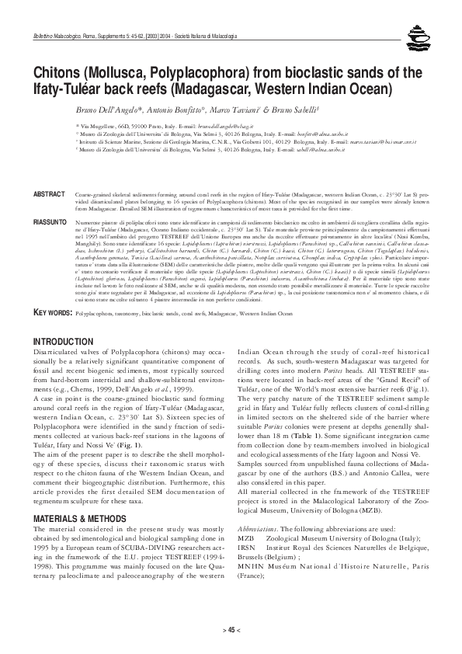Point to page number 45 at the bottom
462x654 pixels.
tap(231, 632)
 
